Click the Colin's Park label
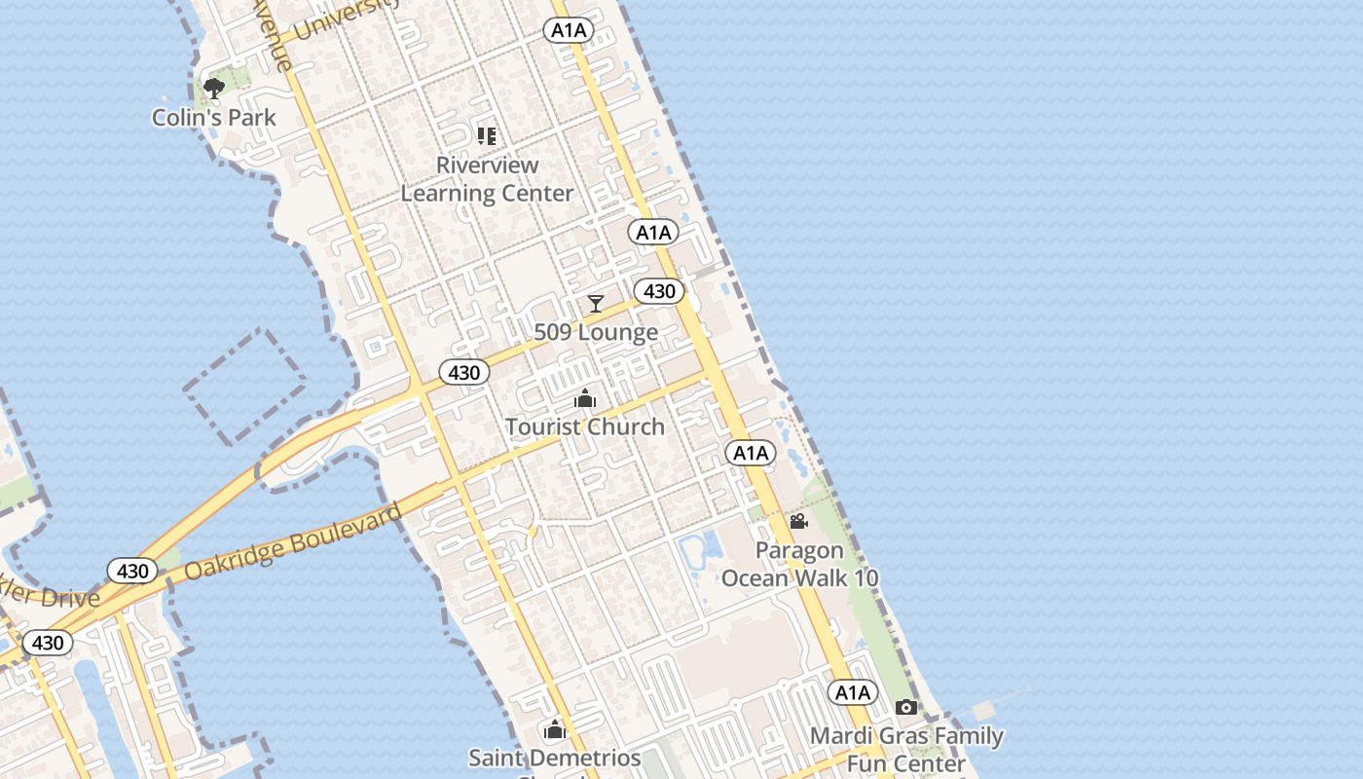pyautogui.click(x=214, y=118)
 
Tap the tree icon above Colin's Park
pyautogui.click(x=214, y=89)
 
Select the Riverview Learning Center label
pyautogui.click(x=487, y=179)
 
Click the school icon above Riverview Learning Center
pyautogui.click(x=487, y=135)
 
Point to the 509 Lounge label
pyautogui.click(x=596, y=333)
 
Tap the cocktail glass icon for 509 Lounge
pyautogui.click(x=596, y=304)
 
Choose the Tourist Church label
pyautogui.click(x=585, y=427)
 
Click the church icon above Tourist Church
pyautogui.click(x=585, y=398)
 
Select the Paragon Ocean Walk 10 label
pyautogui.click(x=799, y=564)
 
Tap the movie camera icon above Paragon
pyautogui.click(x=799, y=522)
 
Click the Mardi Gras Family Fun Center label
pyautogui.click(x=906, y=749)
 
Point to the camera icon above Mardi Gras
pyautogui.click(x=906, y=708)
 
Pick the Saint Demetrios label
pyautogui.click(x=555, y=758)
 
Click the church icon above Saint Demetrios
pyautogui.click(x=555, y=729)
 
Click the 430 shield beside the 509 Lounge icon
pyautogui.click(x=659, y=291)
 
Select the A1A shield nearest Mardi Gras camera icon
pyautogui.click(x=853, y=692)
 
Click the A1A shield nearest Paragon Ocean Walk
pyautogui.click(x=751, y=453)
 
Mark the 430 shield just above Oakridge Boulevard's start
pyautogui.click(x=131, y=571)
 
